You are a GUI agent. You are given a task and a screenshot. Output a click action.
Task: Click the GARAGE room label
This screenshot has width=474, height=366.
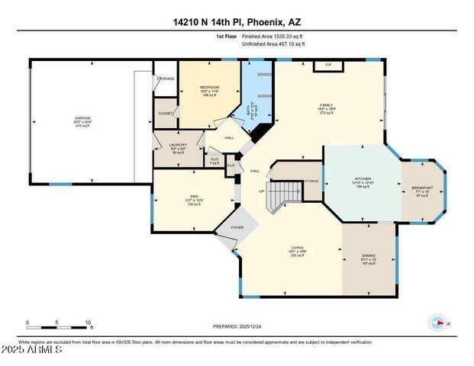[77, 118]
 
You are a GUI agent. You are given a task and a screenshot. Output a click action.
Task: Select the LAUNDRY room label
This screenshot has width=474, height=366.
[178, 144]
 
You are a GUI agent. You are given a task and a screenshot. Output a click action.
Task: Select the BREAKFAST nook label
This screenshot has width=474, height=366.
[422, 188]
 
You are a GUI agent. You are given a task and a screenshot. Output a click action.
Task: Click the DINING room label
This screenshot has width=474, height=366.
[368, 256]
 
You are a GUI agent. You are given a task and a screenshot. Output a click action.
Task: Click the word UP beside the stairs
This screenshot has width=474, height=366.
[263, 191]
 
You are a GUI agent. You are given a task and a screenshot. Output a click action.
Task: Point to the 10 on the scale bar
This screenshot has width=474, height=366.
[89, 322]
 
